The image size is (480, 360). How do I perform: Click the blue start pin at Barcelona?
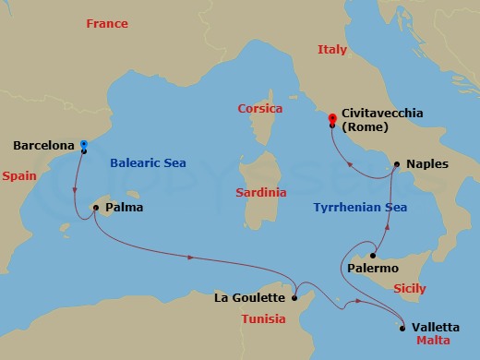pyautogui.click(x=84, y=145)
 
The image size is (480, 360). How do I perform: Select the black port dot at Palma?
pyautogui.click(x=96, y=208)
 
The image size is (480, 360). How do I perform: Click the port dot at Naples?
pyautogui.click(x=396, y=165)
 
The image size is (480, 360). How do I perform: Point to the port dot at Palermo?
pyautogui.click(x=373, y=256)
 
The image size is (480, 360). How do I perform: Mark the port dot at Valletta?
pyautogui.click(x=402, y=326)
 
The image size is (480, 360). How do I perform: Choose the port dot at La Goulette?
pyautogui.click(x=294, y=297)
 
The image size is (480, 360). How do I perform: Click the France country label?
pyautogui.click(x=106, y=23)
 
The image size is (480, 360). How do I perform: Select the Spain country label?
pyautogui.click(x=18, y=174)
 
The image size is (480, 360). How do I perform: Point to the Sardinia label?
pyautogui.click(x=259, y=193)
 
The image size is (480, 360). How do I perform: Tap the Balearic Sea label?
pyautogui.click(x=148, y=162)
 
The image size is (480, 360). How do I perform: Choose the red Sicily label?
pyautogui.click(x=409, y=288)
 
